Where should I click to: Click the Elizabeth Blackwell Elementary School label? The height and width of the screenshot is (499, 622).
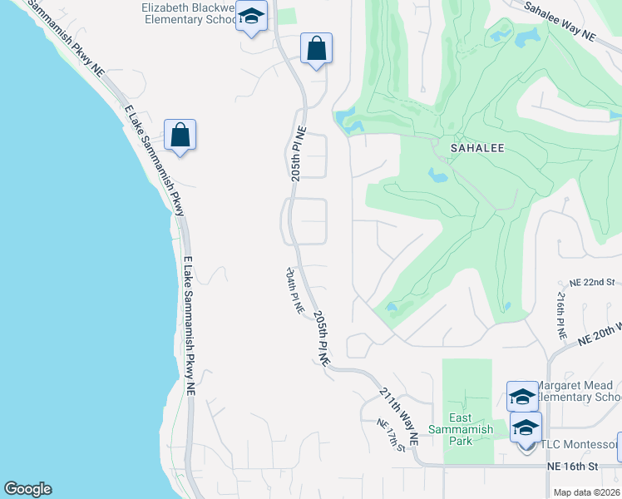pos(190,13)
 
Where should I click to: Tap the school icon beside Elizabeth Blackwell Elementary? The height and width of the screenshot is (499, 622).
pos(251,17)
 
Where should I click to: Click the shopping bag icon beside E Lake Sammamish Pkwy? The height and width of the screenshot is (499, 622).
pos(180,135)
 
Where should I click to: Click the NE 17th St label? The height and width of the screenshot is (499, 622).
pos(390,435)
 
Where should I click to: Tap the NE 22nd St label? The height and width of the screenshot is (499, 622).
pos(592,283)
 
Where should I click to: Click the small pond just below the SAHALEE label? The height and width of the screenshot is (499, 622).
pos(438,175)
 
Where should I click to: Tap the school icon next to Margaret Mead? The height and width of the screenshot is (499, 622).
pos(522,397)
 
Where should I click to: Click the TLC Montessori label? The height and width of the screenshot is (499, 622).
pos(580,446)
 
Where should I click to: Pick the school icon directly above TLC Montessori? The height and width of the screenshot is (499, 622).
pos(526,428)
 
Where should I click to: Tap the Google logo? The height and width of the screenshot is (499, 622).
pos(27,489)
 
